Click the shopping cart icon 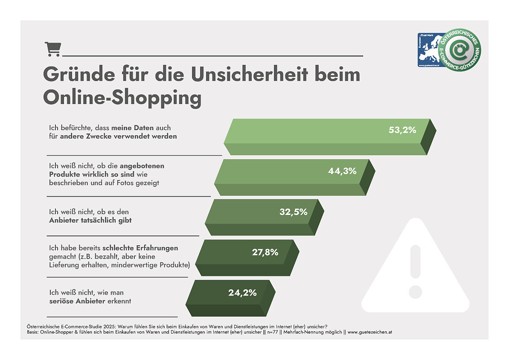(x=52, y=49)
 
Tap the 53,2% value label (x=402, y=130)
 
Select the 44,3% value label (x=342, y=171)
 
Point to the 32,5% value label (x=293, y=212)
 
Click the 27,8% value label (x=265, y=252)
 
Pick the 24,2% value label (x=242, y=293)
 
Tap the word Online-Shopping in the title (x=122, y=98)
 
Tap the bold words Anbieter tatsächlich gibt (x=91, y=220)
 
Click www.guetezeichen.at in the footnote (x=365, y=331)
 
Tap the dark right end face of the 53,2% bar (x=428, y=136)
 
